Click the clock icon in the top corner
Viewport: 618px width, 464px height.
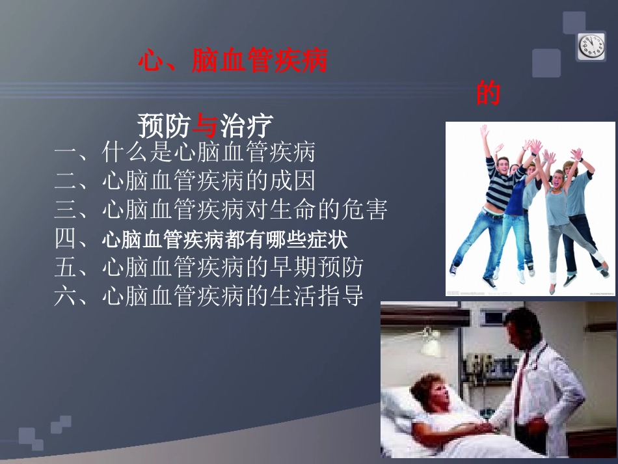click(591, 46)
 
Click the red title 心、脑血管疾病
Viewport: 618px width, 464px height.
click(232, 62)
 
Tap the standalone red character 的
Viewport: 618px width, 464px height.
click(488, 93)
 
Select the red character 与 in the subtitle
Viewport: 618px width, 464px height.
click(206, 125)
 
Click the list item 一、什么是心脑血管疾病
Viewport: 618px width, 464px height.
click(185, 153)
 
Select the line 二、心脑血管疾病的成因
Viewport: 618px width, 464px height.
click(185, 182)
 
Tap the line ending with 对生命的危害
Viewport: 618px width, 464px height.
click(221, 210)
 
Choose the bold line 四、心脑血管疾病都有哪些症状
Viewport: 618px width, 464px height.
click(201, 239)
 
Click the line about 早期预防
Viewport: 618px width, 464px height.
click(209, 267)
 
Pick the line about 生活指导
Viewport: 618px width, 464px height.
click(209, 296)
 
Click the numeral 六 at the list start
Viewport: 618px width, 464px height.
click(66, 296)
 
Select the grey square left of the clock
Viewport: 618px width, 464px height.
click(546, 63)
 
